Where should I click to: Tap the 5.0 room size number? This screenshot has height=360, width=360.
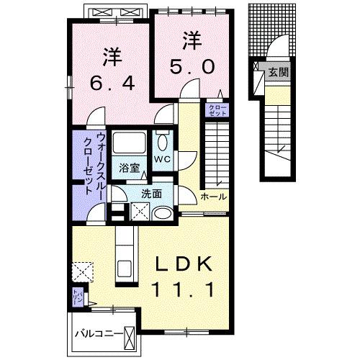coord(191,66)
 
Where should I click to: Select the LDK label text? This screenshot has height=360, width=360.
coord(184,265)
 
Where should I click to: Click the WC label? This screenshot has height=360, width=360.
coord(162,158)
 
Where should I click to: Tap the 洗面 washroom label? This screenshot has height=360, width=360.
coord(150,193)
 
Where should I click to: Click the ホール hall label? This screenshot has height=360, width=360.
coord(214,197)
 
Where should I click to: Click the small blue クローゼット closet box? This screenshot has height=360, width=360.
coord(217,111)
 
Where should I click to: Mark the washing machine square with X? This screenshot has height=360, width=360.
coord(139,212)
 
